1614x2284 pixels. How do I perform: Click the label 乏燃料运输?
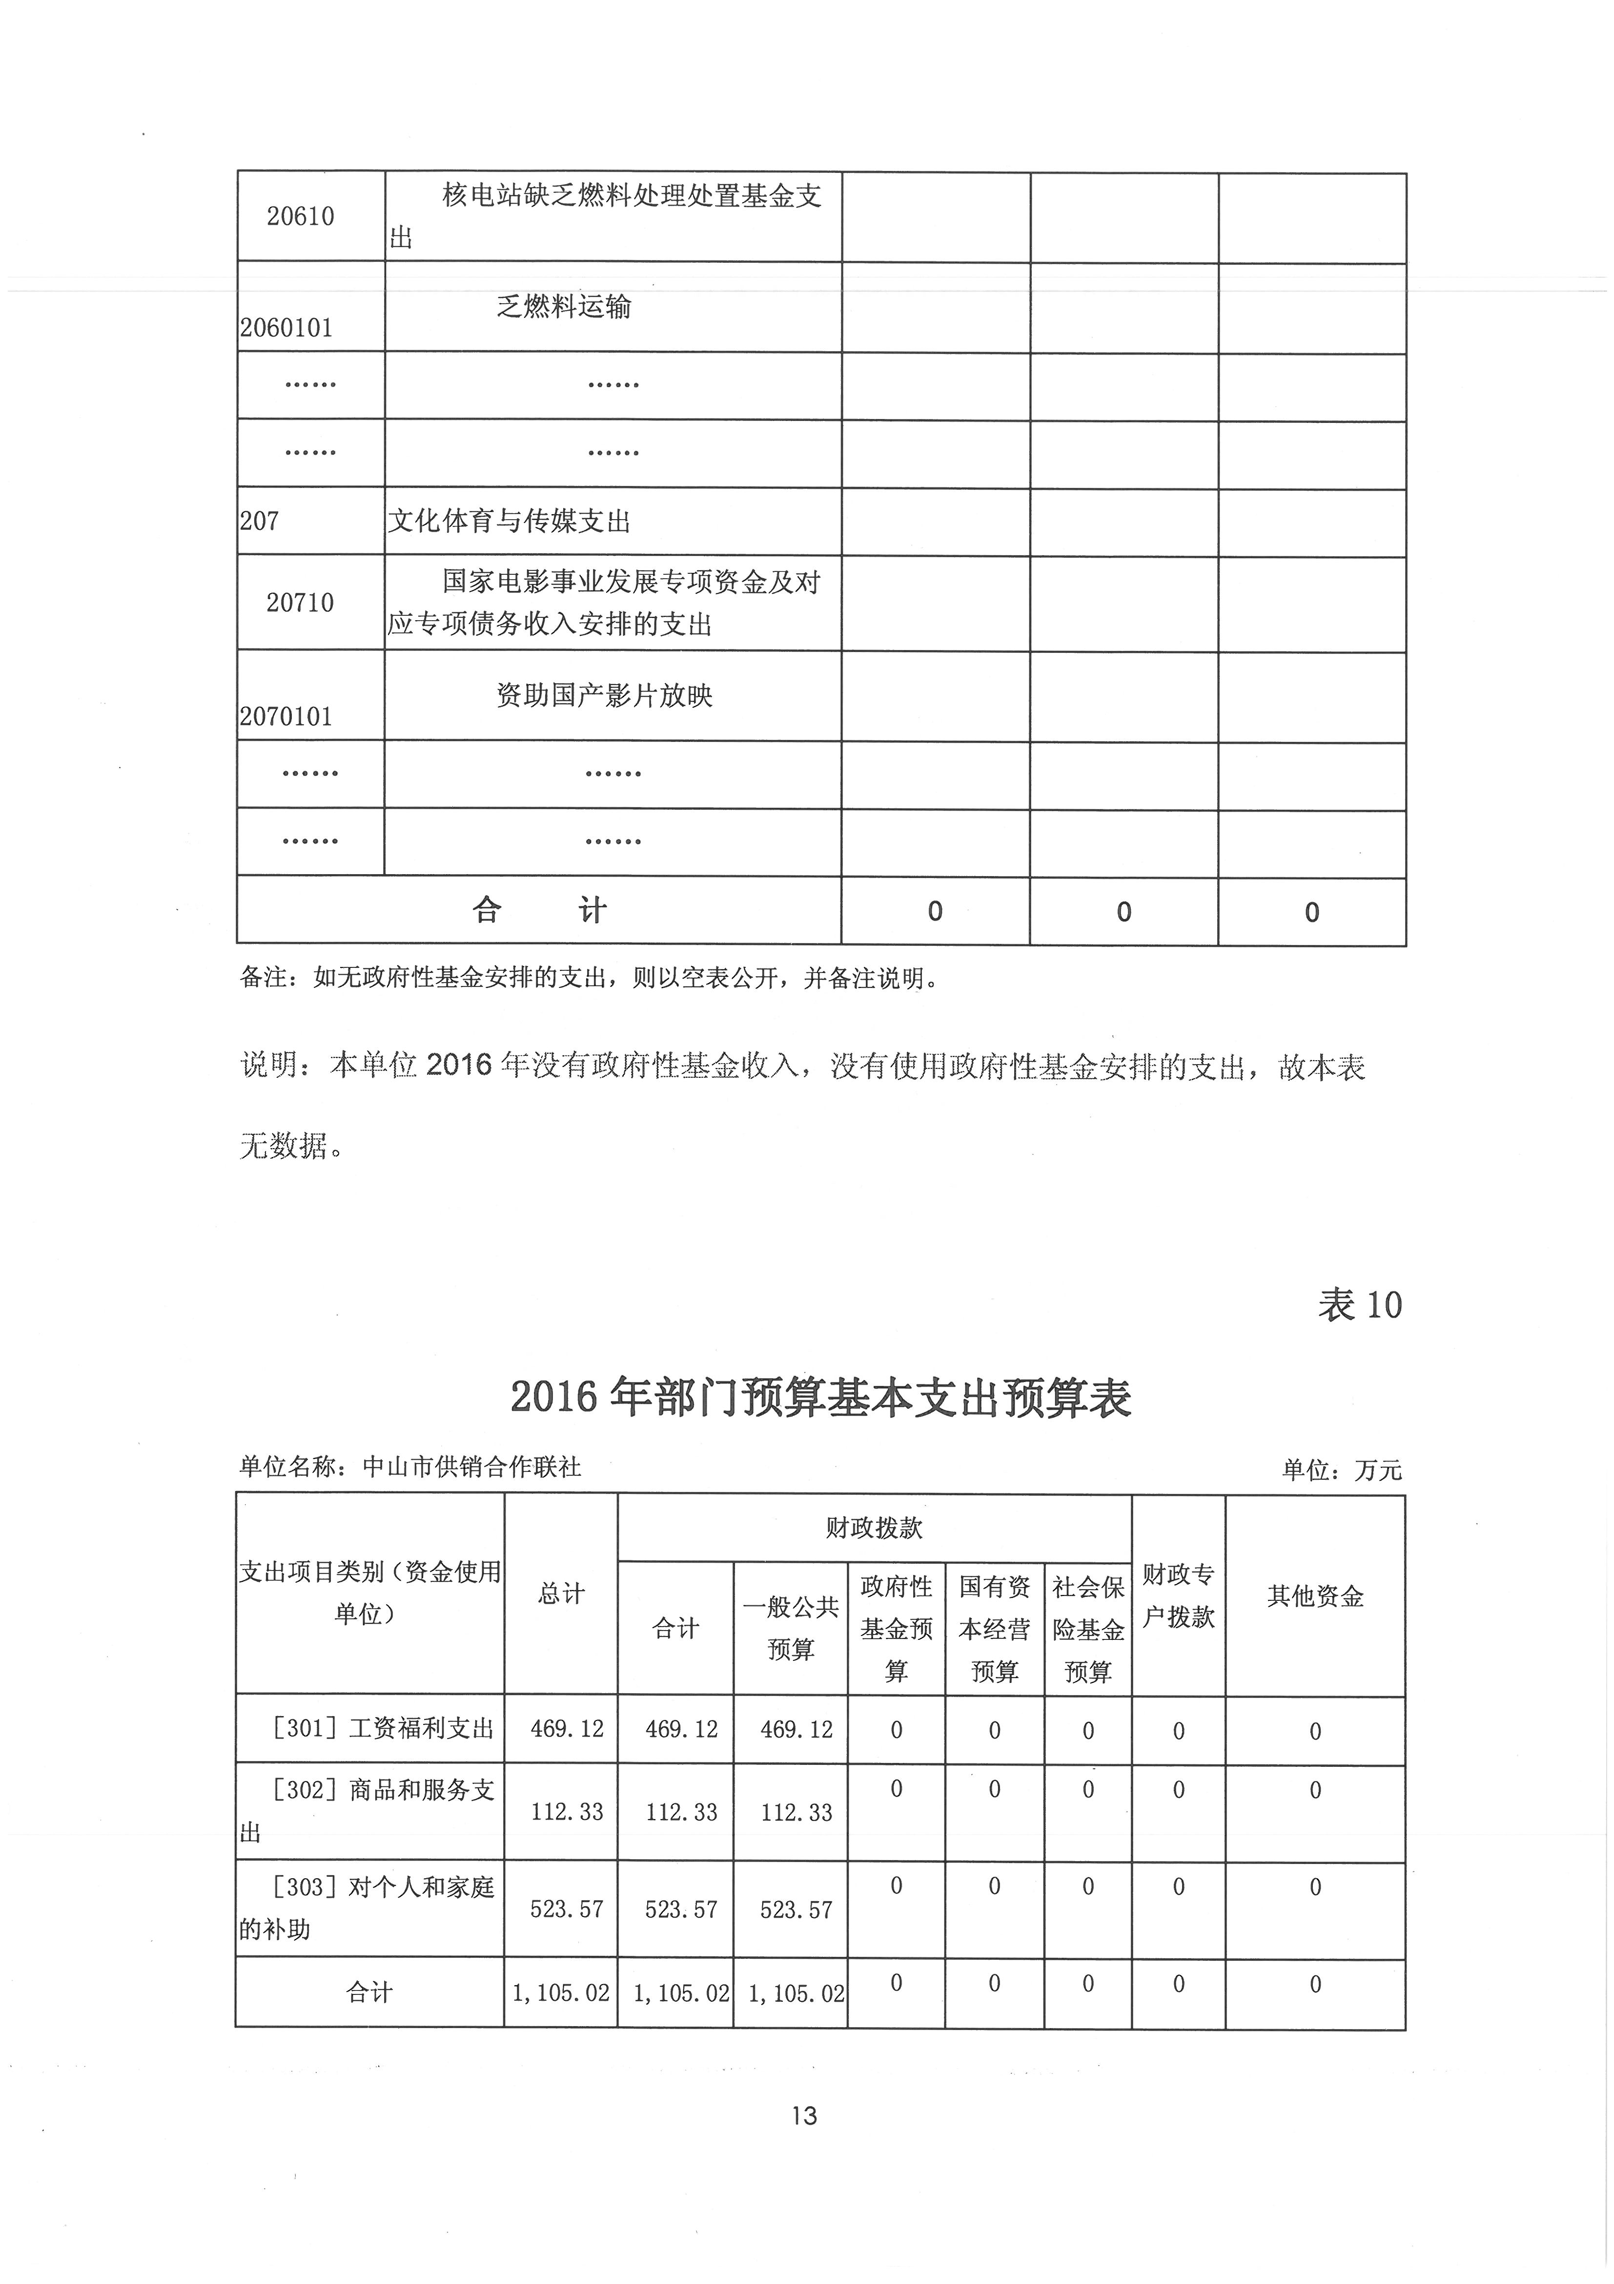click(564, 306)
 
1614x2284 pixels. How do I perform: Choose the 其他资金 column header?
click(1315, 1596)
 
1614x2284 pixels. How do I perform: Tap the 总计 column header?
click(561, 1593)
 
